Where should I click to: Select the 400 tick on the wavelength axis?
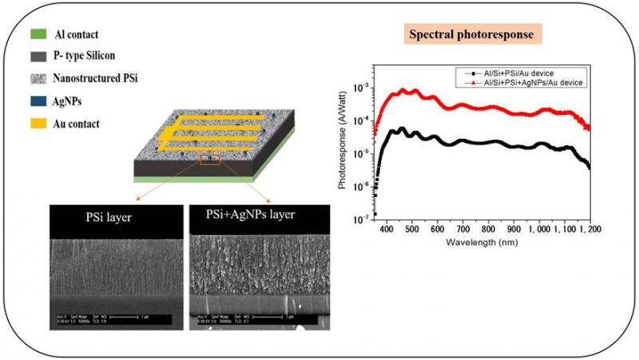pos(387,229)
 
